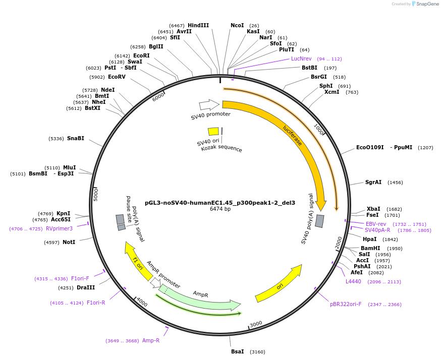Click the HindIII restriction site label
click(x=198, y=25)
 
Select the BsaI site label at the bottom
click(x=237, y=351)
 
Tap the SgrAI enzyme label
click(x=373, y=183)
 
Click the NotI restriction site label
click(x=69, y=243)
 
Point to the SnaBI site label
click(x=76, y=138)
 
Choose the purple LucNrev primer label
click(x=301, y=58)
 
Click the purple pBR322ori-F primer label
click(x=346, y=305)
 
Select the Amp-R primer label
click(x=151, y=341)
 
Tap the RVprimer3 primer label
click(x=59, y=228)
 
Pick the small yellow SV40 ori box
click(x=213, y=132)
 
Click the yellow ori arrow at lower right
click(x=279, y=284)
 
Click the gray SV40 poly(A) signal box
click(x=320, y=221)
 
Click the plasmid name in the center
click(x=220, y=203)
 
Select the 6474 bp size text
click(x=220, y=209)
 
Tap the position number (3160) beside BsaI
click(x=257, y=351)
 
